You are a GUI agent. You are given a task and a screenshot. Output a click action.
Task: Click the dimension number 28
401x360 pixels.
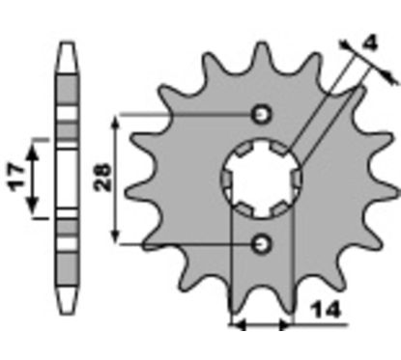102,178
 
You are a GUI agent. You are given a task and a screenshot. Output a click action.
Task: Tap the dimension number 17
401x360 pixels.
17,178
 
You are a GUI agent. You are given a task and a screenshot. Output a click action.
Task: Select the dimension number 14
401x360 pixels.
326,310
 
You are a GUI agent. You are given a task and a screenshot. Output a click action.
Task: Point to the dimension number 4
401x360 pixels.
370,42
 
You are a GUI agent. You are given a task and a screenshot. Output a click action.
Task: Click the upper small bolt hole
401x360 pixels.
262,114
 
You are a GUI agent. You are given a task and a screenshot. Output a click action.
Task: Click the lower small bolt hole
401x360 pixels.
262,244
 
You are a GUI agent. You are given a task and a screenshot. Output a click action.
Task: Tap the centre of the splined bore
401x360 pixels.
262,178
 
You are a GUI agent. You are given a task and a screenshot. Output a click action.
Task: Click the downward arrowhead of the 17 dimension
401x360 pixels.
32,204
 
